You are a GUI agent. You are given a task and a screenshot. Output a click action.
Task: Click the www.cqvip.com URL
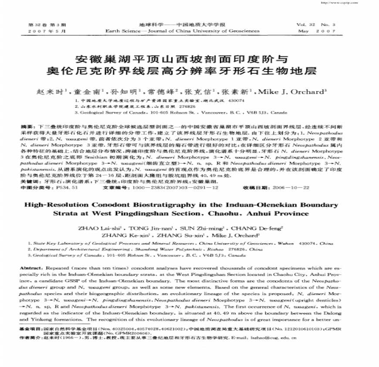point(349,2)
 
